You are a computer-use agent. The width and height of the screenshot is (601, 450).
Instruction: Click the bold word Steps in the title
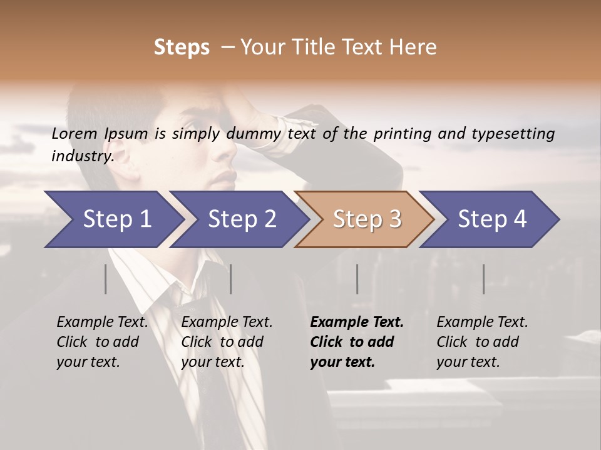click(182, 47)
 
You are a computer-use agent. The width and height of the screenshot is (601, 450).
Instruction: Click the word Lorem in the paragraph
click(74, 133)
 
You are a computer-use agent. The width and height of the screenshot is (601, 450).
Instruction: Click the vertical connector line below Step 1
click(106, 279)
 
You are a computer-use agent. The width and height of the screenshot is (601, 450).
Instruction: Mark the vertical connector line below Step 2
click(231, 279)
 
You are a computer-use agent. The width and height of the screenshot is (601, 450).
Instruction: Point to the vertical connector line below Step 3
click(357, 279)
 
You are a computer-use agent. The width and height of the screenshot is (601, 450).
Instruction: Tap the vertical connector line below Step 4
click(483, 279)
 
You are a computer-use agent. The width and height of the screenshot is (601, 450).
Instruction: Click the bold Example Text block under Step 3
click(357, 342)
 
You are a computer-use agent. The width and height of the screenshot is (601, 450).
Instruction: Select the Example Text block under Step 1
click(102, 342)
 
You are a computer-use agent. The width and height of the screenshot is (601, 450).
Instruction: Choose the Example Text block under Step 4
click(482, 342)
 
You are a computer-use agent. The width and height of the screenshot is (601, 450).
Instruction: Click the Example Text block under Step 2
click(227, 342)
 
